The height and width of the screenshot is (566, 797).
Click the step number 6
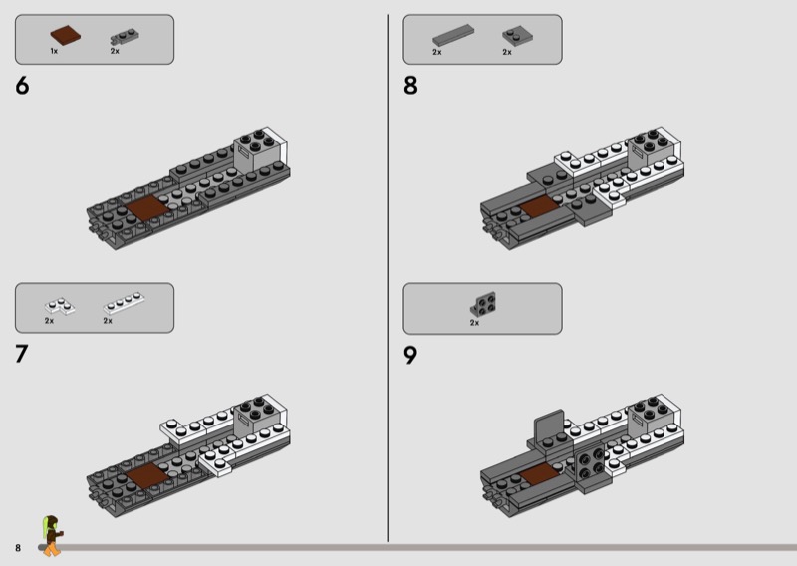tap(22, 86)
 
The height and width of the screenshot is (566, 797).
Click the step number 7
tap(21, 354)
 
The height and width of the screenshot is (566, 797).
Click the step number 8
tap(410, 86)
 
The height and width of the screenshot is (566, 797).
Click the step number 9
tap(410, 355)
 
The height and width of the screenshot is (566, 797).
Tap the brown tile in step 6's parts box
tap(65, 36)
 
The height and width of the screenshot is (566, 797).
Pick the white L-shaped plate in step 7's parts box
tap(60, 306)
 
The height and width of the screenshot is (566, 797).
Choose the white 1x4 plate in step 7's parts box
tap(124, 304)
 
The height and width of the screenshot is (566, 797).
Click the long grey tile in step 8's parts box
tap(453, 35)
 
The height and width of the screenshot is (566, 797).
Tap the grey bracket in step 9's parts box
tap(483, 304)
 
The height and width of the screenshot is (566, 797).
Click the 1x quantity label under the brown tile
tap(54, 51)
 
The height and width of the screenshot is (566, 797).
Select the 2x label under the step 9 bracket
tap(474, 323)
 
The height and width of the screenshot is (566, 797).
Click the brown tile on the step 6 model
tap(146, 208)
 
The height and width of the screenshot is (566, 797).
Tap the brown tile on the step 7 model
tap(146, 475)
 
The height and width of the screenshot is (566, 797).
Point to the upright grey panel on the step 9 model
tap(550, 427)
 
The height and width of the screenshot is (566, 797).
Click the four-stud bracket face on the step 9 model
tap(590, 464)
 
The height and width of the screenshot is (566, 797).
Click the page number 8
tap(18, 548)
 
